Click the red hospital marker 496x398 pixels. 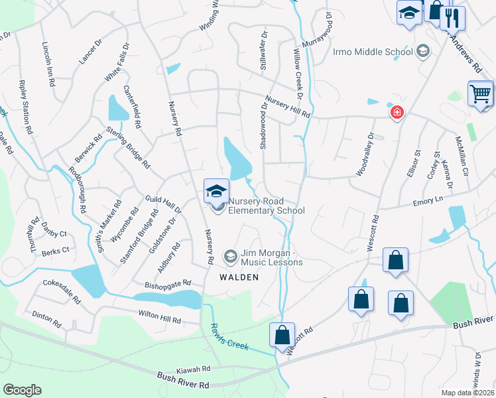tap(397, 112)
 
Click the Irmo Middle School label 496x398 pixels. tap(382, 52)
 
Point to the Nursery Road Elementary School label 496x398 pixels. tap(266, 206)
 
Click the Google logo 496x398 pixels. tap(22, 390)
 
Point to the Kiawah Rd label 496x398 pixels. tap(193, 367)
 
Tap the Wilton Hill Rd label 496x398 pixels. tap(159, 317)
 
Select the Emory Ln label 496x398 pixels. tap(427, 200)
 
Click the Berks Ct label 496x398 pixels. tap(54, 251)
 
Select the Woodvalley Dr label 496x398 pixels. tap(365, 154)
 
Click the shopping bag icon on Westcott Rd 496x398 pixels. tap(282, 334)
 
